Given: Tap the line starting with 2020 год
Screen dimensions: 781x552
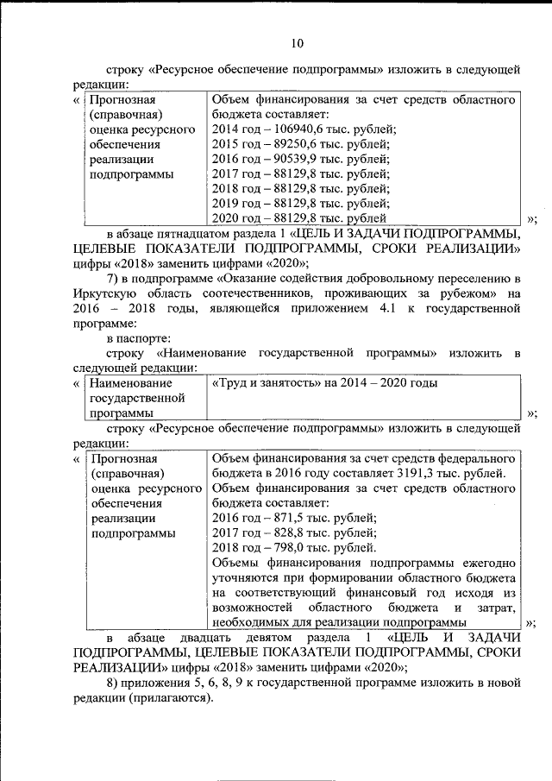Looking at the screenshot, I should [x=293, y=219].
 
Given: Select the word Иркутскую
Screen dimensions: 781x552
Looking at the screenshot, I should [x=104, y=294].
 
